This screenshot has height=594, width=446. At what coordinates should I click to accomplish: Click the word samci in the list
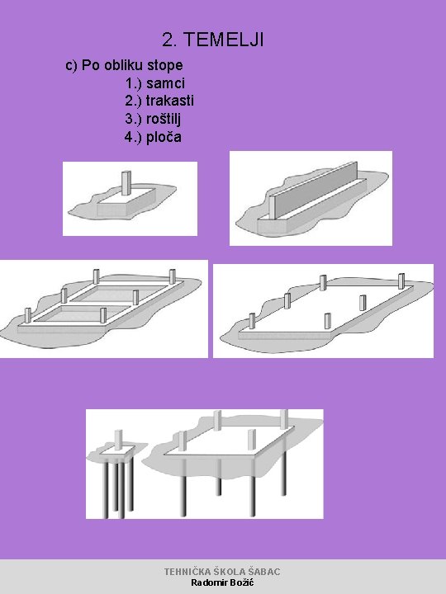(x=165, y=83)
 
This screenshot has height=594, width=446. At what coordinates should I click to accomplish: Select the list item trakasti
(x=170, y=101)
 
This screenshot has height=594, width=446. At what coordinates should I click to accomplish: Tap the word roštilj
(x=164, y=119)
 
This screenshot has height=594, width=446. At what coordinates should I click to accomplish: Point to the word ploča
(x=164, y=136)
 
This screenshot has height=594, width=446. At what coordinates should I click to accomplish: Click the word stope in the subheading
(x=165, y=65)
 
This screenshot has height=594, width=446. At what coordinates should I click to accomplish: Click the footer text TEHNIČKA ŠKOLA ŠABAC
(x=222, y=572)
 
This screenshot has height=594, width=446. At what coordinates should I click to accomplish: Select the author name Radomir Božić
(x=222, y=582)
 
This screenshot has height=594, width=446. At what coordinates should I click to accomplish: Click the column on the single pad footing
(x=126, y=183)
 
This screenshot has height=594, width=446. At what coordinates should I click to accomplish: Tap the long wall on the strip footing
(x=313, y=190)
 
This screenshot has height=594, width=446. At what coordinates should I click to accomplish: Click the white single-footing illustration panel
(x=130, y=199)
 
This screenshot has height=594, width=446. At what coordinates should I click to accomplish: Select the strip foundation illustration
(x=311, y=198)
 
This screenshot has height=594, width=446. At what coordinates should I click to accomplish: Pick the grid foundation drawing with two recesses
(x=104, y=309)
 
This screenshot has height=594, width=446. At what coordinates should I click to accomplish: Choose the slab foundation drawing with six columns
(x=323, y=311)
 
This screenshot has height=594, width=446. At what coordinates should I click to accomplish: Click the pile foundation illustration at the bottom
(x=205, y=464)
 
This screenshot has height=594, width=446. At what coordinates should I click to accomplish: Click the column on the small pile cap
(x=118, y=440)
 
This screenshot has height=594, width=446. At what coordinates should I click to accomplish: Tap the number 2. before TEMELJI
(x=170, y=40)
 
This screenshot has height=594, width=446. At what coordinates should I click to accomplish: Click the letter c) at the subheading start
(x=71, y=65)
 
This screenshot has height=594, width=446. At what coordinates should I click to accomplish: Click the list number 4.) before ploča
(x=133, y=137)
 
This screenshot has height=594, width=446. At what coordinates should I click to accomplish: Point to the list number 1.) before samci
(x=134, y=83)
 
